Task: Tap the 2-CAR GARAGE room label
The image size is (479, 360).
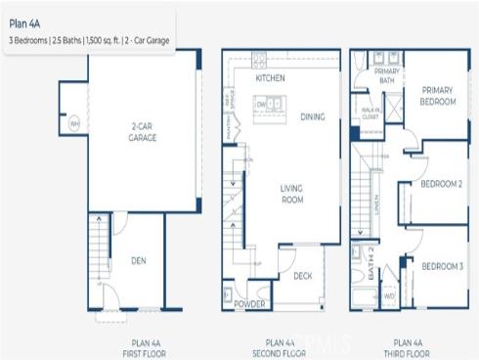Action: coord(143,132)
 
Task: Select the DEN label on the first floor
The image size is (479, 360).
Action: coord(138,261)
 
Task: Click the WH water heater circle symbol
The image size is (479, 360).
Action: coord(73,124)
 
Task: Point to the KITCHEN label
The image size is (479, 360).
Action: coord(270,77)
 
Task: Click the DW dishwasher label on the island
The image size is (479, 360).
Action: coord(261,103)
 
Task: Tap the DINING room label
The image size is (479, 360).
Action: coord(312,117)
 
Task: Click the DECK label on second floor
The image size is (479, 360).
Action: coord(303,276)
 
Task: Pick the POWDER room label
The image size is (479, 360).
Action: coord(250,305)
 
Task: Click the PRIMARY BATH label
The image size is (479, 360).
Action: coord(387,77)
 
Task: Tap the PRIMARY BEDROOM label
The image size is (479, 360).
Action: coord(438,95)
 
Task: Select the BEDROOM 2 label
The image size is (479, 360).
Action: coord(442,183)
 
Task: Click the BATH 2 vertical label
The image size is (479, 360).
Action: coord(372,263)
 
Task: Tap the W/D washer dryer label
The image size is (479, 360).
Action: coord(389,294)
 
